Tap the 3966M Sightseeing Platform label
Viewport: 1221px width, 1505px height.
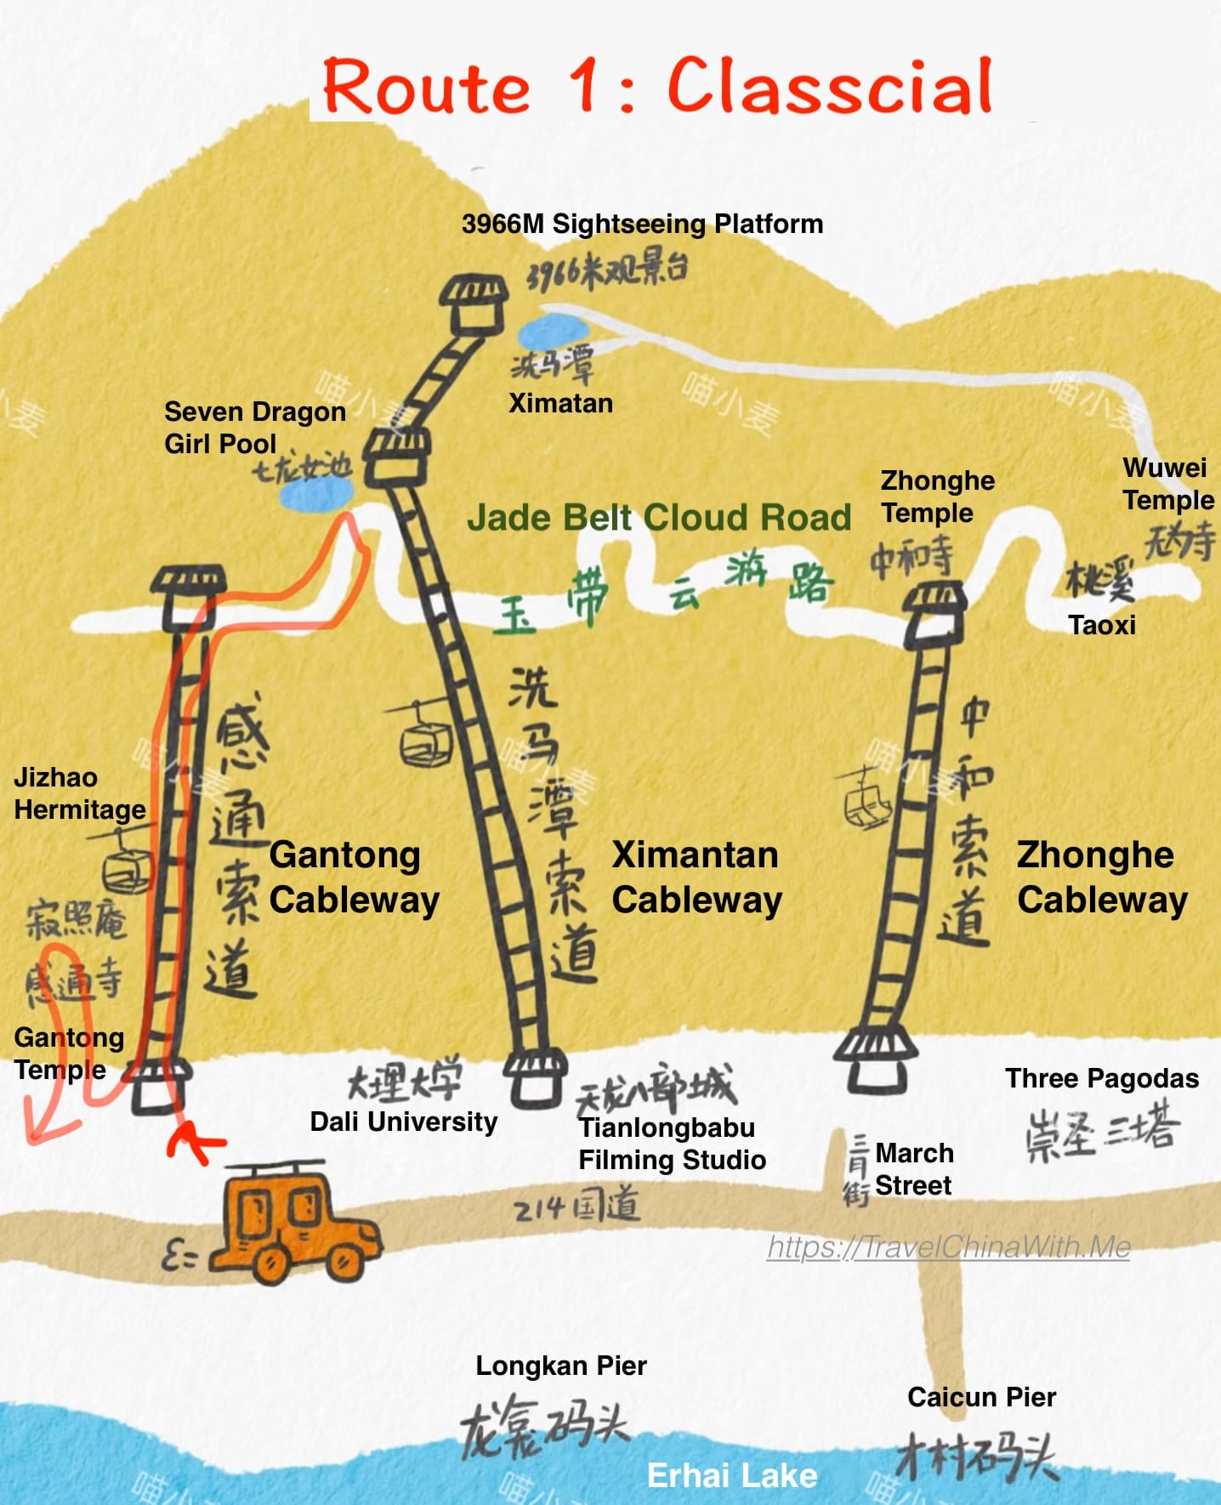(x=642, y=224)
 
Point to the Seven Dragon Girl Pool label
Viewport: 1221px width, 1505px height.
(x=254, y=428)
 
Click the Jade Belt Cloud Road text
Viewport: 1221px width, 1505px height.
(x=659, y=517)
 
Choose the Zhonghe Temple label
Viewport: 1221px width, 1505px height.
(x=937, y=497)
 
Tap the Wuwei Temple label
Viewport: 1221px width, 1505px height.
(x=1167, y=484)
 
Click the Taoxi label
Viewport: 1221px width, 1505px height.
(x=1102, y=625)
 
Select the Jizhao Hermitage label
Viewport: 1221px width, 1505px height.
(x=79, y=793)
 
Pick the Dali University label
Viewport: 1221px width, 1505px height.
(x=403, y=1122)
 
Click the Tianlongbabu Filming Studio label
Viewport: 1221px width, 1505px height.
(x=672, y=1144)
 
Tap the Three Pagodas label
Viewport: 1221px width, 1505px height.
(x=1102, y=1078)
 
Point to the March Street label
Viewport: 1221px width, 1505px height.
(x=914, y=1169)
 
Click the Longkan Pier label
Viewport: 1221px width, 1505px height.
(x=561, y=1366)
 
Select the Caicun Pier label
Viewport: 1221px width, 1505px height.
(x=981, y=1397)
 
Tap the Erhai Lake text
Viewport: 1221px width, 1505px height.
(x=732, y=1475)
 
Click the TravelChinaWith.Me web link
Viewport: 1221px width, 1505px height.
(x=948, y=1247)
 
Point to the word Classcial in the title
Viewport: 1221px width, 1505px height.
(x=830, y=87)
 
